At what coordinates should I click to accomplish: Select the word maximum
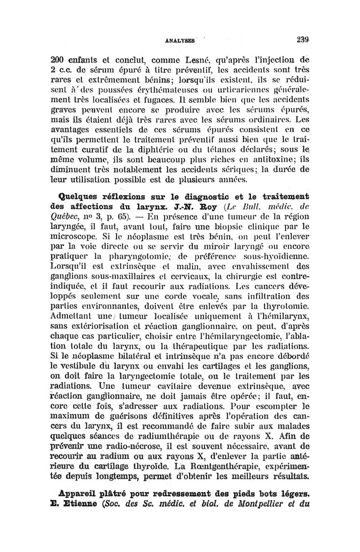[x=76, y=413]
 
